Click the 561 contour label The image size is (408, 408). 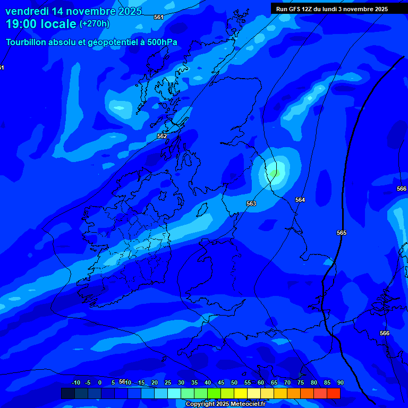(159, 18)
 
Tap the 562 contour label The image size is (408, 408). (162, 137)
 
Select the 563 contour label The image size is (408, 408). (251, 203)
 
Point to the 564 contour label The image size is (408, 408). (300, 200)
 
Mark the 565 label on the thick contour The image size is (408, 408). (342, 233)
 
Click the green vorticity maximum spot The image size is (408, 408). (274, 173)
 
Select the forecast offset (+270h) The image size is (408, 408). (95, 24)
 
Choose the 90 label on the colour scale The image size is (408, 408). (340, 382)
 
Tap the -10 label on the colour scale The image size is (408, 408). (75, 382)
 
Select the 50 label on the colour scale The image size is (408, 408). (234, 382)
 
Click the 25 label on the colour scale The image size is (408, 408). (168, 382)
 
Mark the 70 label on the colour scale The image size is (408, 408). (287, 382)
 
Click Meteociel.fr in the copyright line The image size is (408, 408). (248, 404)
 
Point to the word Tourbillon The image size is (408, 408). (26, 42)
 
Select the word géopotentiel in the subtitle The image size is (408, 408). (109, 42)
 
